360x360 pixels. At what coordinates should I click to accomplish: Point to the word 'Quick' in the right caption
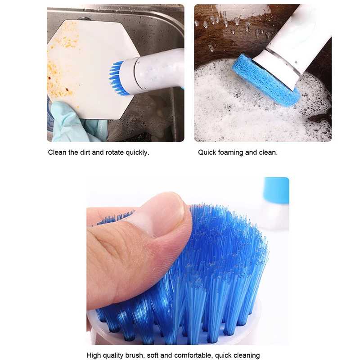tap(207, 153)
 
